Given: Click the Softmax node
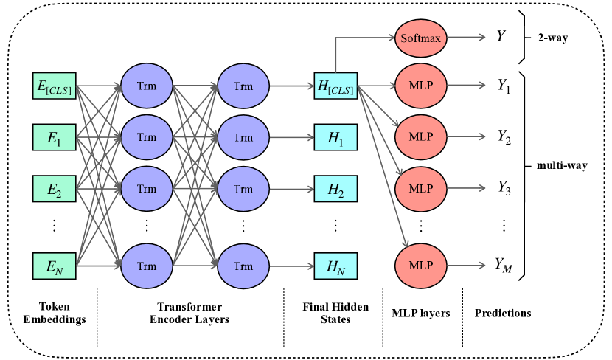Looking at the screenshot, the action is tap(421, 38).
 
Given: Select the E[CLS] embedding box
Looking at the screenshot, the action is tap(55, 86).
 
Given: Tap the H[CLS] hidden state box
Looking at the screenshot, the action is tap(335, 86).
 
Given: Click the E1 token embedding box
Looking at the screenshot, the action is tap(55, 137).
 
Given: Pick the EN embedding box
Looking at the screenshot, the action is tap(55, 266).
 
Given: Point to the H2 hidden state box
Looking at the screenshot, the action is tap(335, 189).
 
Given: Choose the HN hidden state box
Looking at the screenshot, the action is tap(335, 266).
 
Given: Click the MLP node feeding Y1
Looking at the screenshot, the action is tap(421, 85).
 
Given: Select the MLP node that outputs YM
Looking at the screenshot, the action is tap(421, 266).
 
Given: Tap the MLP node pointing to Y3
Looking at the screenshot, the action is tap(421, 188).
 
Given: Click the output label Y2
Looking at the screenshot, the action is tap(504, 137).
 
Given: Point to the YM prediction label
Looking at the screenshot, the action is tap(504, 266).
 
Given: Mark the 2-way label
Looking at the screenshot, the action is tap(553, 38).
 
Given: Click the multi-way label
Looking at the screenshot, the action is tap(562, 165).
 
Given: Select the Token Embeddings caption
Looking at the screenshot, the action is tap(55, 313).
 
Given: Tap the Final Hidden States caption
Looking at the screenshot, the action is tap(335, 313).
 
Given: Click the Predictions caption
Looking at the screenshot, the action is tap(503, 313).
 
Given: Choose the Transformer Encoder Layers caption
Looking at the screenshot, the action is tap(189, 313).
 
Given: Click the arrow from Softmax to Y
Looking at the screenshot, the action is tap(467, 38).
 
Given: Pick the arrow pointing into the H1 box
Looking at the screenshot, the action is tap(291, 137).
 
